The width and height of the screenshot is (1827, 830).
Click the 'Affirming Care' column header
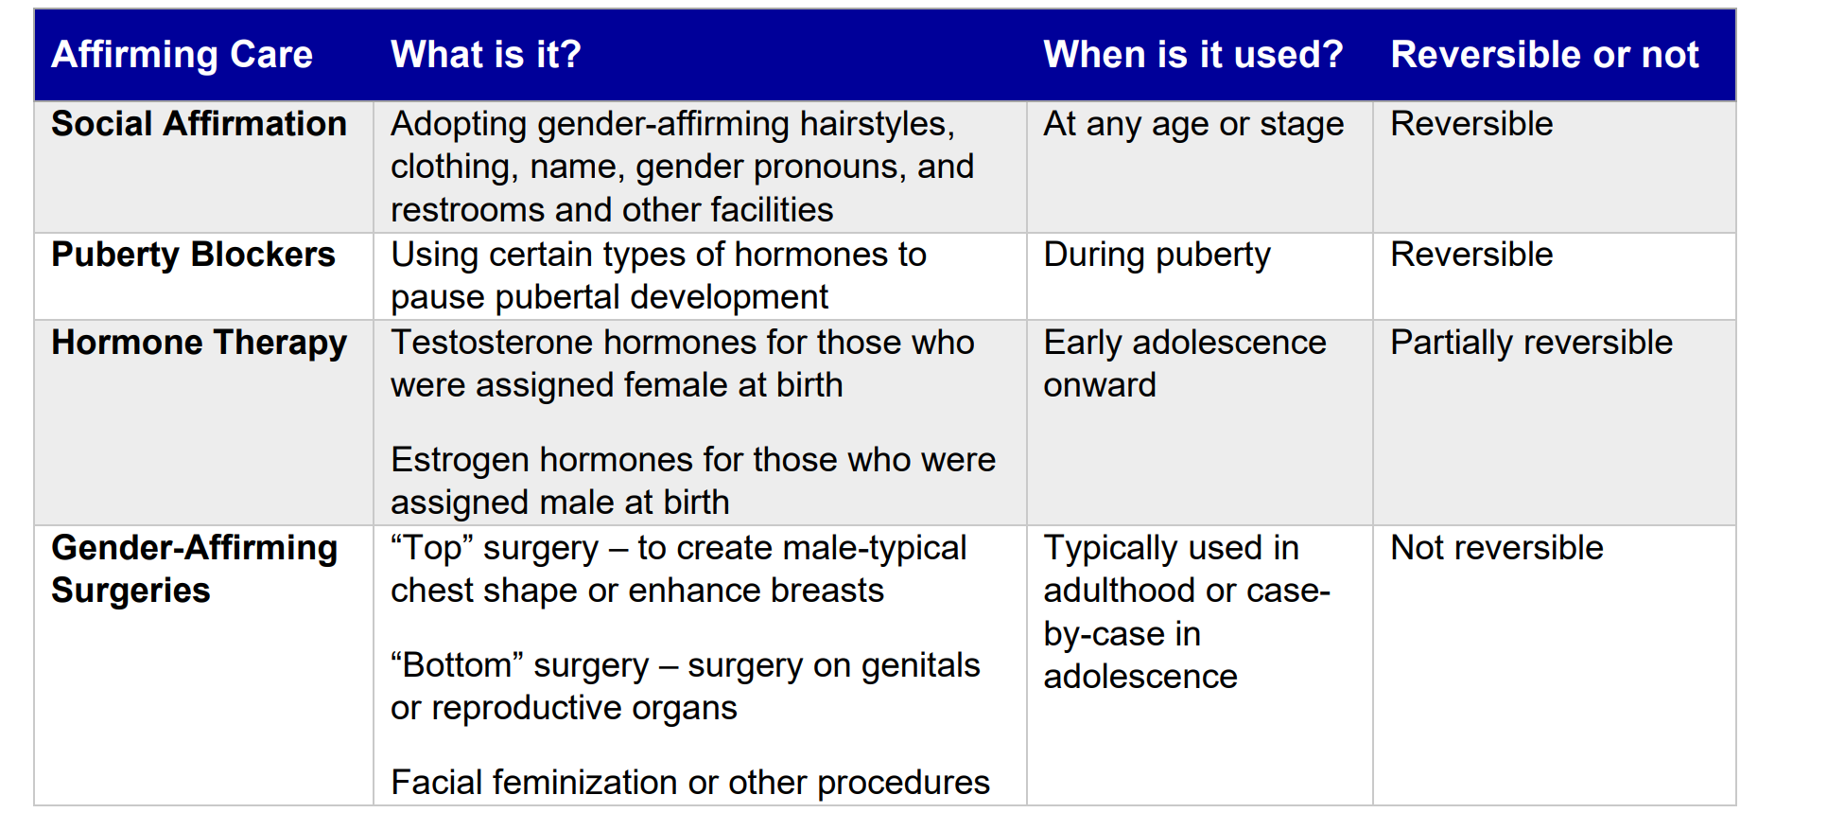pos(182,55)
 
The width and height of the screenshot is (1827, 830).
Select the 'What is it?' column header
pos(486,55)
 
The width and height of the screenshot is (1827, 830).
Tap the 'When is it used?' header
pos(1192,55)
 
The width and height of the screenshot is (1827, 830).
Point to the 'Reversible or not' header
pos(1544,55)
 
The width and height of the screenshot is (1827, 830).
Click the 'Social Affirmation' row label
pos(199,124)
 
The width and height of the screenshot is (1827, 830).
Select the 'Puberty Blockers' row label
pos(193,255)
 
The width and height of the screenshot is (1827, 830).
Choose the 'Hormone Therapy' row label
pos(199,343)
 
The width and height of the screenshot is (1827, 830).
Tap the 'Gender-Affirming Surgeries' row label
pos(194,569)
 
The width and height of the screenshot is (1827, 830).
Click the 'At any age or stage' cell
pos(1192,124)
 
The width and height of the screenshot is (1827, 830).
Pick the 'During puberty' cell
pos(1157,255)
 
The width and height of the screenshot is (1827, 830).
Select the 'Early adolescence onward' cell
pos(1184,363)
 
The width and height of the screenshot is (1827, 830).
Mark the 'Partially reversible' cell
pos(1531,343)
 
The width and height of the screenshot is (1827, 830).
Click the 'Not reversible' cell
pos(1496,548)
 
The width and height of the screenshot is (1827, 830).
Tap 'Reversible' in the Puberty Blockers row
pos(1471,255)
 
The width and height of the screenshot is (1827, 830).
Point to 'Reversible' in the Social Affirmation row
pos(1471,124)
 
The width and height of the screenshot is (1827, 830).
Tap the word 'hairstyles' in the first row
pos(876,124)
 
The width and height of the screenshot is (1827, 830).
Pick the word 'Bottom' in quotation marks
pos(457,665)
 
